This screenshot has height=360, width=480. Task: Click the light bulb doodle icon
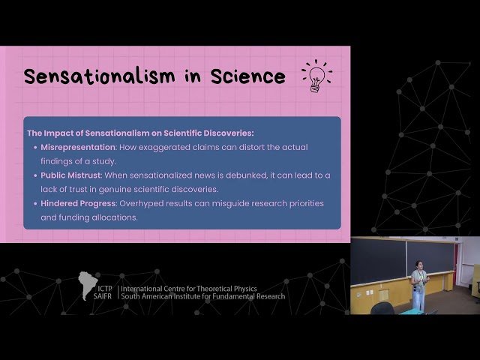(x=316, y=76)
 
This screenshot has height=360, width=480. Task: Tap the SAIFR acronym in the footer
(x=103, y=296)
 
